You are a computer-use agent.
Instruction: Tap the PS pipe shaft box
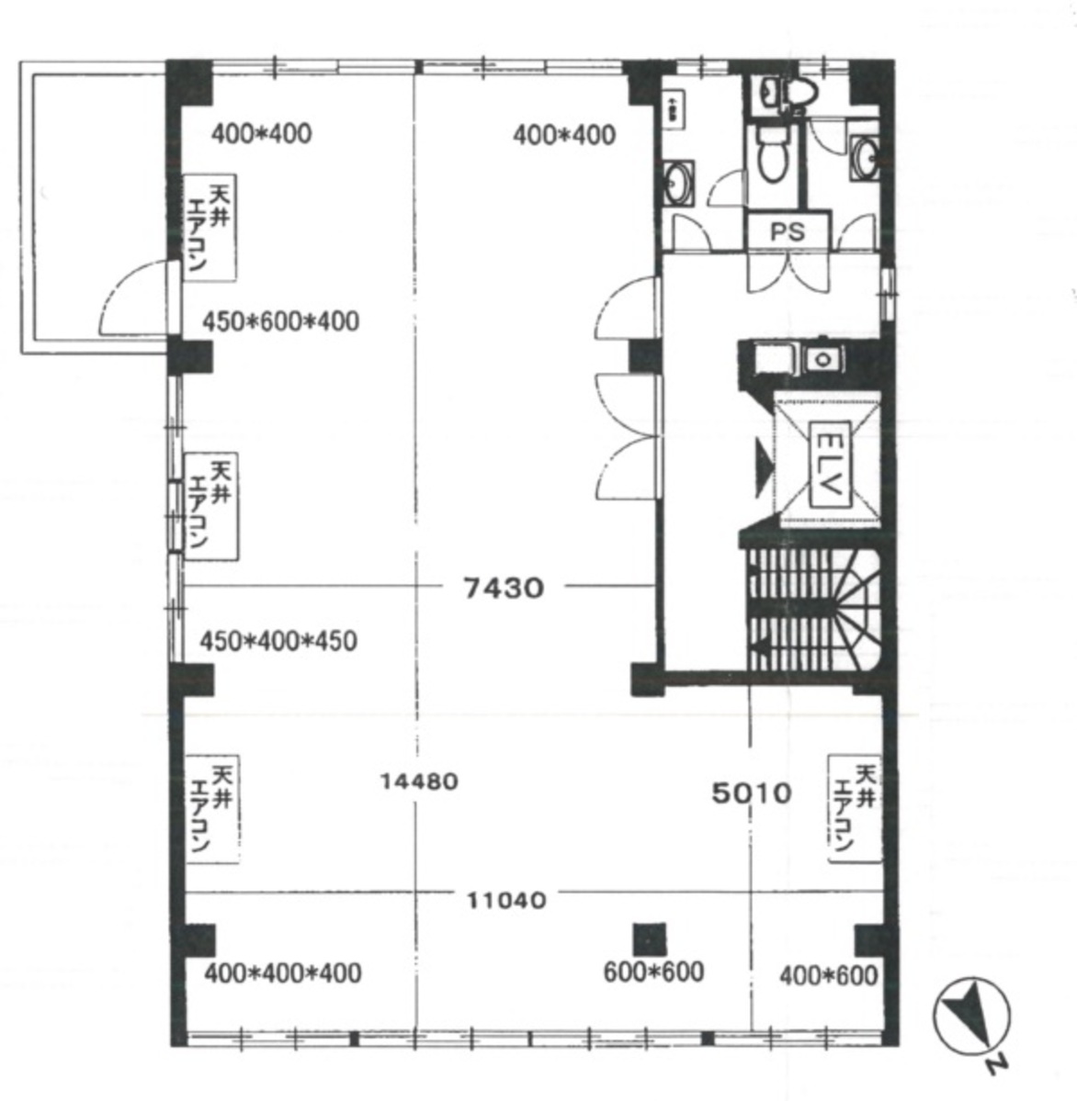788,231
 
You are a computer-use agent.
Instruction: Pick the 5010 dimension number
752,792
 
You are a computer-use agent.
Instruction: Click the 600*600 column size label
653,972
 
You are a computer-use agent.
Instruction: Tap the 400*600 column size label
828,974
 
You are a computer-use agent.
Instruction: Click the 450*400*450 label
278,640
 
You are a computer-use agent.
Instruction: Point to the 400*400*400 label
282,972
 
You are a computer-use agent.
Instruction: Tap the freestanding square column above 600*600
650,938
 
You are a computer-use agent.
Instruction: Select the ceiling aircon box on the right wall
854,808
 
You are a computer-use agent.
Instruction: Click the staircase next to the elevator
812,608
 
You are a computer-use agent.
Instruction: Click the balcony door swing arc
133,296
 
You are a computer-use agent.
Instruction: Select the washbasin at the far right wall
865,156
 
